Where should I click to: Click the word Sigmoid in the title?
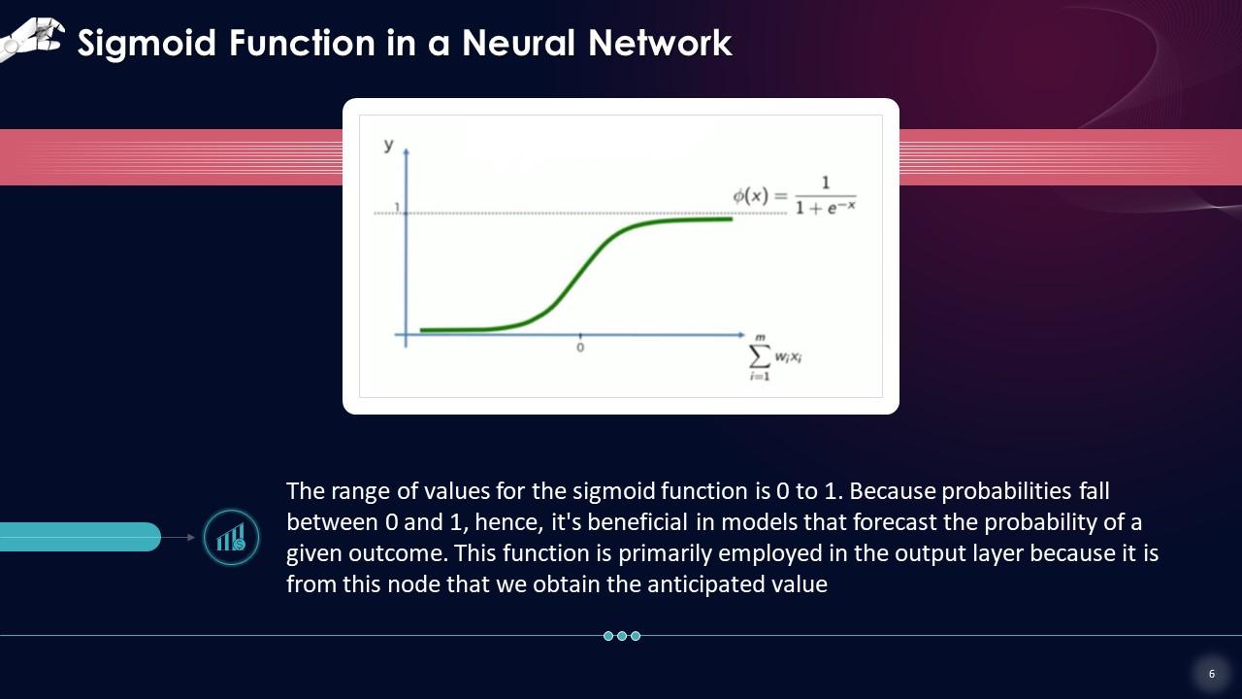coord(147,44)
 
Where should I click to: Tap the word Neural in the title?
coord(518,43)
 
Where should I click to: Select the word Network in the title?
coord(660,43)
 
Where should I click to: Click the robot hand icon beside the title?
coord(31,39)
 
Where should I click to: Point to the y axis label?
coord(389,146)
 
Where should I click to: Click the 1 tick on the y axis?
coord(397,207)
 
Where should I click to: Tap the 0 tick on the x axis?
coord(580,348)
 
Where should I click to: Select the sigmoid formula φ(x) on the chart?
coord(795,196)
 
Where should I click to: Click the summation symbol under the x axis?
coord(760,356)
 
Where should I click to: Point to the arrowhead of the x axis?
coord(741,335)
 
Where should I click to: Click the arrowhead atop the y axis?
coord(406,150)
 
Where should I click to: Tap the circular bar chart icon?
coord(231,537)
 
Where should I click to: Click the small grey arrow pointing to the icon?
coord(178,537)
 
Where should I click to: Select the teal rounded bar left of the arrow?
coord(81,537)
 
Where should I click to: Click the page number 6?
coord(1212,674)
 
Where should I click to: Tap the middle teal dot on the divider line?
coord(622,636)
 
